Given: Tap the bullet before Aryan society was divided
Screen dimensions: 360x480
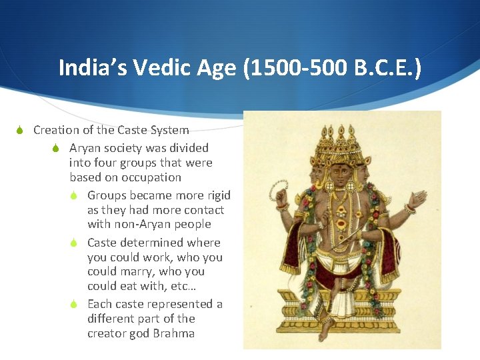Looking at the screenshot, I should click(57, 149).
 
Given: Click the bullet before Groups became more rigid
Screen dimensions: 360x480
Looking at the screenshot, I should click(76, 196).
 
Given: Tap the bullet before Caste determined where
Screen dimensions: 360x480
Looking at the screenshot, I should click(76, 243).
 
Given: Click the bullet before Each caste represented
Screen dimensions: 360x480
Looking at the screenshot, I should click(76, 305).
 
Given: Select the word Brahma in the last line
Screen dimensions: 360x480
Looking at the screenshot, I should click(174, 333).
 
